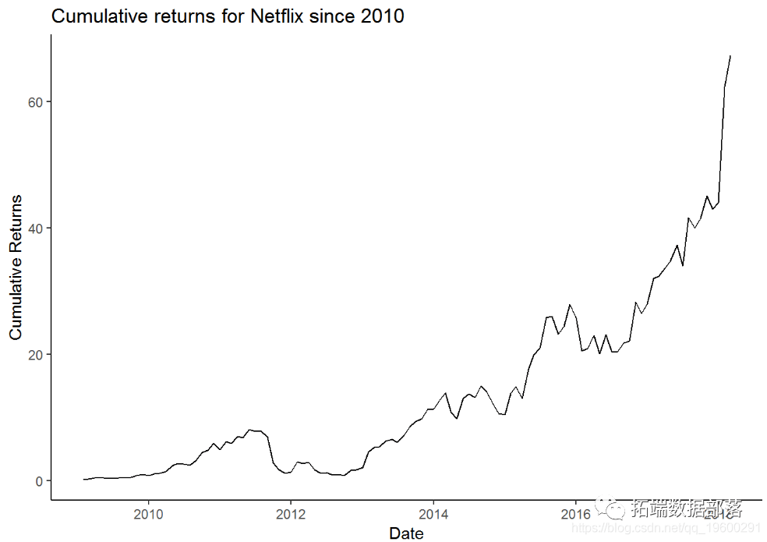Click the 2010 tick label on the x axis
coord(148,514)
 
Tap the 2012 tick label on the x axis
coord(290,514)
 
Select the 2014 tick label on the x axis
coord(433,514)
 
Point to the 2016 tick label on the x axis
coord(575,514)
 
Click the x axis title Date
coord(406,533)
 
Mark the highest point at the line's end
coord(730,56)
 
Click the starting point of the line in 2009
coord(83,480)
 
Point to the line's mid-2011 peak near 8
coord(249,430)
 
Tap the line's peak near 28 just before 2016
coord(570,304)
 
